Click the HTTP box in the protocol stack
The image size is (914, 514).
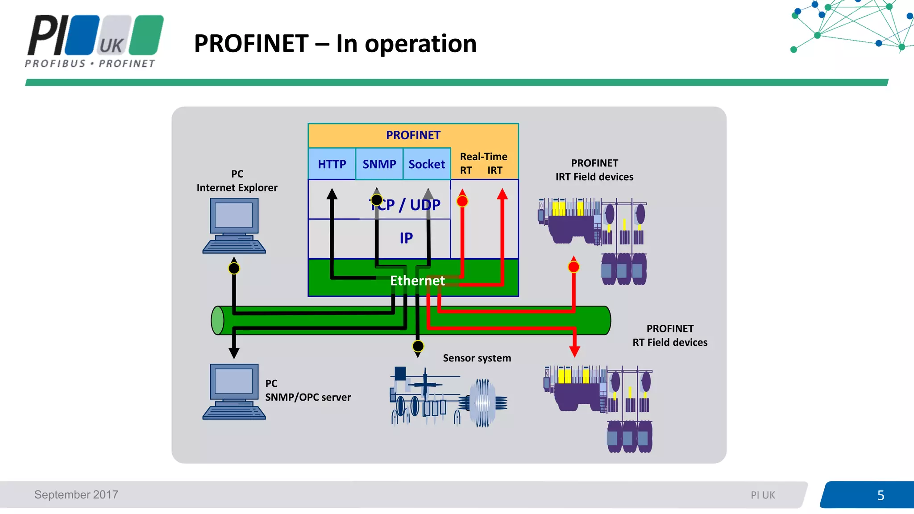[332, 164]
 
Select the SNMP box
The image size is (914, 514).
[379, 164]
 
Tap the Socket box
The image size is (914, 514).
[427, 164]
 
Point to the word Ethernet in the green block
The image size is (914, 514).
[417, 280]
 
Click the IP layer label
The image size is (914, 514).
[406, 238]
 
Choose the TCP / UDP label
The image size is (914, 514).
[405, 205]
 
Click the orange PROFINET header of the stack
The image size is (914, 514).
[413, 135]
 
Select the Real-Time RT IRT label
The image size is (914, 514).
[484, 163]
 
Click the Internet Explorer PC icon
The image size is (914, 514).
[234, 226]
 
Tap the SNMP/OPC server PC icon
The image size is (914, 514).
[234, 391]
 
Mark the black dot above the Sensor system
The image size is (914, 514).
[418, 346]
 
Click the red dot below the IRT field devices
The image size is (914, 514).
[573, 267]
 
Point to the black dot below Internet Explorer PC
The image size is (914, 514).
[234, 268]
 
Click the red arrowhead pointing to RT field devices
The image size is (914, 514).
[574, 351]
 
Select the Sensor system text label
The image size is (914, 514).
[477, 358]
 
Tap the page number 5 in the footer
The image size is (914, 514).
[880, 495]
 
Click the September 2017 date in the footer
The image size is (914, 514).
[76, 494]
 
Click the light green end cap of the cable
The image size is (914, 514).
[217, 320]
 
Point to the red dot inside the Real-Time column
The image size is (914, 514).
[462, 201]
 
